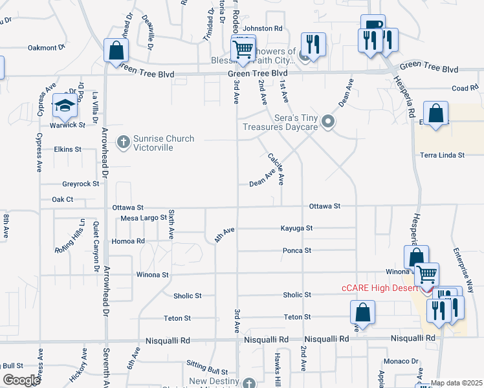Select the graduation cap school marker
click(x=65, y=105)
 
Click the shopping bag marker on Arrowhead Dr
click(x=116, y=51)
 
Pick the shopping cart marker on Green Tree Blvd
click(x=243, y=49)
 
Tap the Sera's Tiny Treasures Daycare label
click(x=280, y=122)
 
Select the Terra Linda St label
click(x=443, y=155)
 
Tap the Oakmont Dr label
click(x=47, y=47)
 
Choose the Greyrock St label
click(x=80, y=184)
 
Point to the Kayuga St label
click(x=296, y=228)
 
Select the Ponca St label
click(x=297, y=250)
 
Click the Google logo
click(x=21, y=380)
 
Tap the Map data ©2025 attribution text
click(x=456, y=383)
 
